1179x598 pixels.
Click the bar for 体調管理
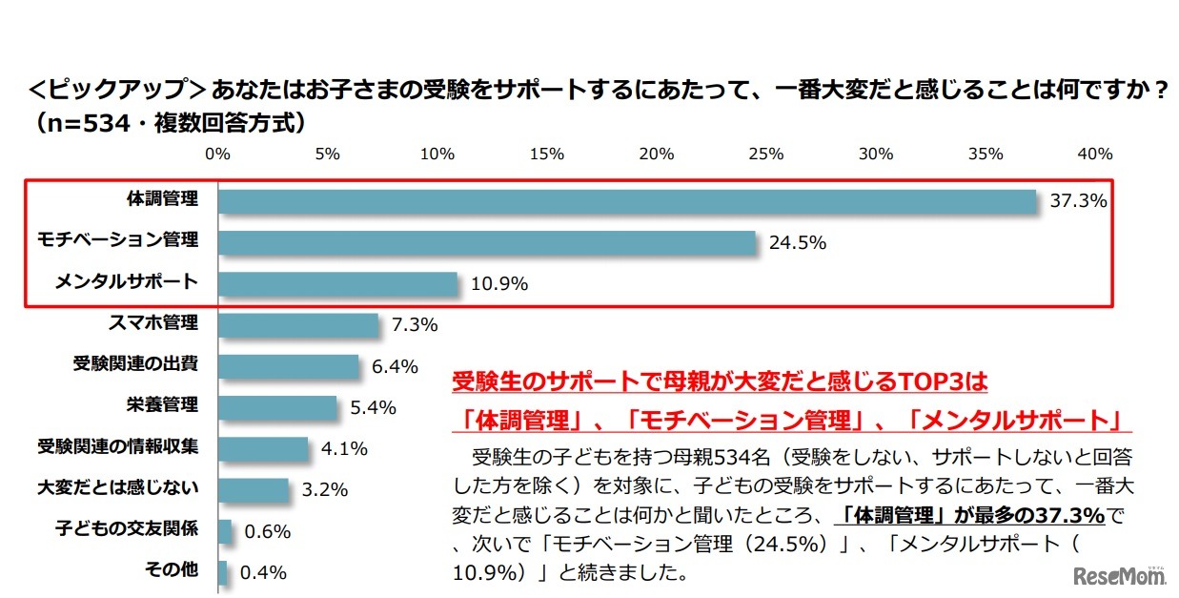pos(627,201)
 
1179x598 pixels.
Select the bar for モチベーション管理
pos(487,242)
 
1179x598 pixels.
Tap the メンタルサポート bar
pos(337,284)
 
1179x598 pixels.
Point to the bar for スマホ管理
pos(298,325)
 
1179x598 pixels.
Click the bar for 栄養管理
pos(277,407)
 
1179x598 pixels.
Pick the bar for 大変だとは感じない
pos(254,490)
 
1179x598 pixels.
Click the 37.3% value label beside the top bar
pos(1078,201)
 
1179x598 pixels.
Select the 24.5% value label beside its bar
pos(798,242)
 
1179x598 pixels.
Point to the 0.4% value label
pos(263,573)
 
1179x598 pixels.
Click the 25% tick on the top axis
pos(766,154)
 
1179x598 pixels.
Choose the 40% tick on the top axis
pos(1094,154)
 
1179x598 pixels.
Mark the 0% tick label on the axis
pos(218,154)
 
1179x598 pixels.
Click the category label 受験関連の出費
pos(135,364)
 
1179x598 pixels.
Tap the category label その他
pos(172,570)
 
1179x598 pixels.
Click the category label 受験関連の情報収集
pos(118,446)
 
